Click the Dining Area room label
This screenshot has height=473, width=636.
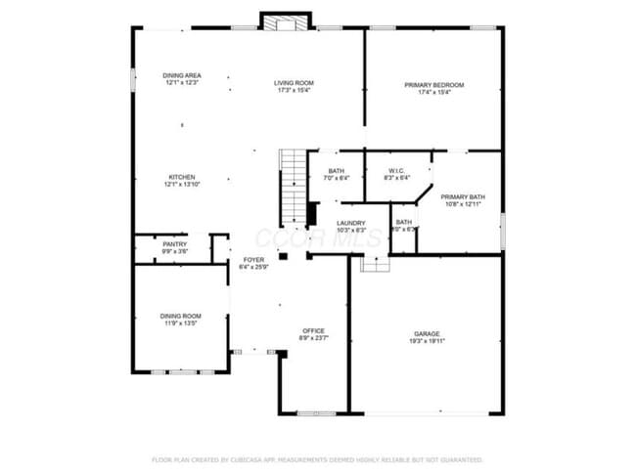[182, 75]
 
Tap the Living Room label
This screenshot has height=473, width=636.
[294, 82]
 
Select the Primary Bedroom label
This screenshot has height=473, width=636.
[434, 85]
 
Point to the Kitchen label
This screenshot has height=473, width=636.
[180, 177]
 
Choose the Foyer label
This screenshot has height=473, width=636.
[253, 260]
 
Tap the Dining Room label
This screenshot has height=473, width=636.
[181, 316]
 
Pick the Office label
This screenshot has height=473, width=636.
[313, 330]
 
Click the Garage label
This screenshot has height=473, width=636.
[427, 333]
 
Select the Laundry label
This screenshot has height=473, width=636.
[350, 223]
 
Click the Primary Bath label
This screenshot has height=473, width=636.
[463, 196]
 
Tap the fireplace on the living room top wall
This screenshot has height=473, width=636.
[287, 21]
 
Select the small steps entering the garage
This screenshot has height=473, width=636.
[375, 263]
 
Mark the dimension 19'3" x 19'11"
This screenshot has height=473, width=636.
[427, 341]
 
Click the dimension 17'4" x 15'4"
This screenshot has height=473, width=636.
[434, 93]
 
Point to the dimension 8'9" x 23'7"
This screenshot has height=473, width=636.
[313, 338]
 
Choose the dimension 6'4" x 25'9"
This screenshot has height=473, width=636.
[253, 268]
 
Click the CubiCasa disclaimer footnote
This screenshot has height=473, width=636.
[317, 458]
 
